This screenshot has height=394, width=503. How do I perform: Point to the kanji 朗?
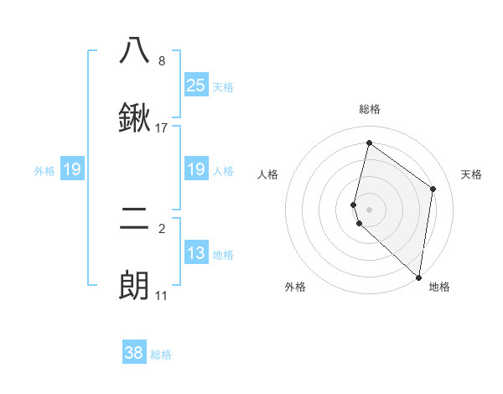[x=134, y=286]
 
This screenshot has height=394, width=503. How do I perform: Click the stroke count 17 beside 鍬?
[x=162, y=128]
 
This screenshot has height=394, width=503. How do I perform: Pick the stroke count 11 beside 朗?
[x=161, y=296]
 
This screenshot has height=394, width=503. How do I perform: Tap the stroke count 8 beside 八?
[x=161, y=61]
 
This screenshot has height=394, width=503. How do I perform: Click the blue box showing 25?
[x=195, y=85]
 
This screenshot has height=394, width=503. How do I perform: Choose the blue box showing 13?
[x=195, y=253]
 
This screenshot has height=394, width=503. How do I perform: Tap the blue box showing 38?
[x=134, y=353]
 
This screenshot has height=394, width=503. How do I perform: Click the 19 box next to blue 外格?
[x=72, y=170]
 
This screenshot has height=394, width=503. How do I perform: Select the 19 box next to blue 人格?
[x=195, y=169]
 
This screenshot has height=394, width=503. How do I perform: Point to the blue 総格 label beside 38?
[x=161, y=355]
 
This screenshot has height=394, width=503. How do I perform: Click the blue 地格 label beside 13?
[x=223, y=255]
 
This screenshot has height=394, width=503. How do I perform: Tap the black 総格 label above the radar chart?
[x=370, y=109]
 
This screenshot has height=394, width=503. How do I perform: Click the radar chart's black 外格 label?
[x=295, y=287]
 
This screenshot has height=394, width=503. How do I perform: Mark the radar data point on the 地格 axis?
[x=418, y=277]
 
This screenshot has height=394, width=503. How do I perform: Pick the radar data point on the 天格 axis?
[x=433, y=189]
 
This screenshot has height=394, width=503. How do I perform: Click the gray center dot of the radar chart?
[x=369, y=209]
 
